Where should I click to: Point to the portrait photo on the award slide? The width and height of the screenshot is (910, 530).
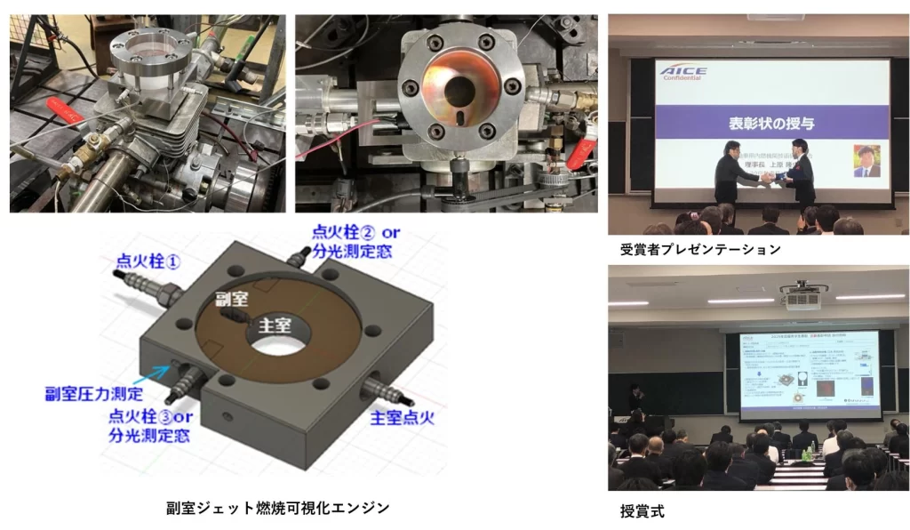[x=866, y=161]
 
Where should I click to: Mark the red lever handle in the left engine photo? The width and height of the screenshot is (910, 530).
[x=66, y=113]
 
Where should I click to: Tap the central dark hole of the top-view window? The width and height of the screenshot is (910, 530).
[x=459, y=91]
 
